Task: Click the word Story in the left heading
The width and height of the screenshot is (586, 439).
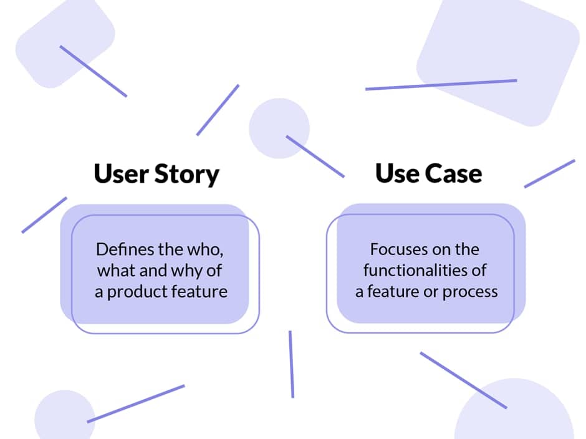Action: (x=187, y=174)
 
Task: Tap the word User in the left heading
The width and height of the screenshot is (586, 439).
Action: (x=121, y=173)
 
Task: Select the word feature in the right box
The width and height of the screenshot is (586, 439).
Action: (x=393, y=292)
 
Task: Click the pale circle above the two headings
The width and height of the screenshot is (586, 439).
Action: (x=279, y=128)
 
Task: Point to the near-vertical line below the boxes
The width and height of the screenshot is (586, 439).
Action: (x=292, y=364)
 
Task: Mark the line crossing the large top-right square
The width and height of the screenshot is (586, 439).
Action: (x=441, y=85)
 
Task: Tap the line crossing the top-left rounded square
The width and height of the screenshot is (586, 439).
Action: (x=93, y=71)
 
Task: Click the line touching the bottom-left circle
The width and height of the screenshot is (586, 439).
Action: (x=136, y=404)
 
